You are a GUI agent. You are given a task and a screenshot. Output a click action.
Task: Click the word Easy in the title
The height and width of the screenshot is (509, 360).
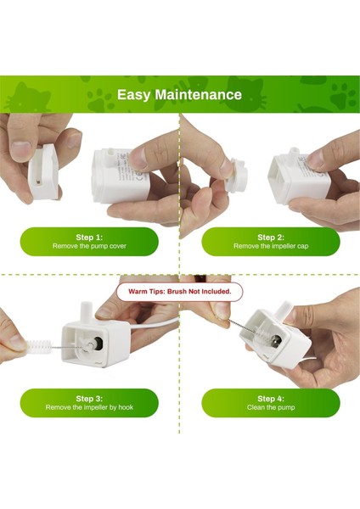[134, 94]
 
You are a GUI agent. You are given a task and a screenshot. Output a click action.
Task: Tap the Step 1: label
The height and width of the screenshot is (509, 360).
[89, 237]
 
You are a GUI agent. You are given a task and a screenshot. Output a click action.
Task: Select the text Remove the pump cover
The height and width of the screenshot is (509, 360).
[89, 246]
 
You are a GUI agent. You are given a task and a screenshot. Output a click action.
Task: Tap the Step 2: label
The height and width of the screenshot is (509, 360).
[271, 237]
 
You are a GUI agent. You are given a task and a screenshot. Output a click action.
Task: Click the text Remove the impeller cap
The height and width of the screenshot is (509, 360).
[271, 246]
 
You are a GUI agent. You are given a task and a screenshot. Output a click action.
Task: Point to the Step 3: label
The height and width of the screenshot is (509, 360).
[89, 398]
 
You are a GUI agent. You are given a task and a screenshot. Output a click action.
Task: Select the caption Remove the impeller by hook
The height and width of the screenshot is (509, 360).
[89, 407]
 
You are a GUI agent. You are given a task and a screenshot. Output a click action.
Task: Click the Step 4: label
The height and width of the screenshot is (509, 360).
[271, 398]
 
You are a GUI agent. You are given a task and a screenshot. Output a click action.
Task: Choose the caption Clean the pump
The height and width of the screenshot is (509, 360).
[271, 407]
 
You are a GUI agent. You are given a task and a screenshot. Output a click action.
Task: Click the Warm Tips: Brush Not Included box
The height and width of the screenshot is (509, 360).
[179, 291]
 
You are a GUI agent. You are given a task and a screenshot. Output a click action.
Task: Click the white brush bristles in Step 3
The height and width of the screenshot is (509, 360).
[36, 347]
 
